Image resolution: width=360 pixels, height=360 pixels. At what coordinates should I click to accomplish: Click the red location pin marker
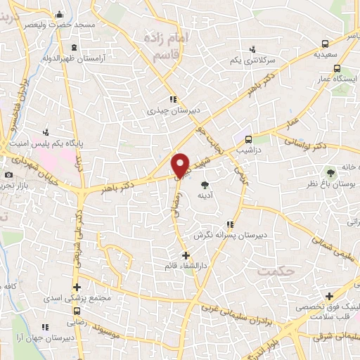click(x=181, y=165)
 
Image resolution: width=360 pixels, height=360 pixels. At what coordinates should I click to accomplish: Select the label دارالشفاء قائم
click(x=186, y=267)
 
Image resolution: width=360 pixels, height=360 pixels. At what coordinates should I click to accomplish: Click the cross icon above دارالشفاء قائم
click(x=186, y=256)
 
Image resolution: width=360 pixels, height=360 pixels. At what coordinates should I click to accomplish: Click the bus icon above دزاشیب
click(x=249, y=139)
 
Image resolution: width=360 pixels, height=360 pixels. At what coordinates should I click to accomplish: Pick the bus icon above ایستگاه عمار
click(x=337, y=69)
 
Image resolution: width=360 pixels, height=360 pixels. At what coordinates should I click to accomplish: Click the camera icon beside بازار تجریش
click(x=8, y=174)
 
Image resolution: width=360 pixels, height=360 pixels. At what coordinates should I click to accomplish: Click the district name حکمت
click(x=274, y=270)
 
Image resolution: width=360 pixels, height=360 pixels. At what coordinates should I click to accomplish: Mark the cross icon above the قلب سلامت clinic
click(x=329, y=296)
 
